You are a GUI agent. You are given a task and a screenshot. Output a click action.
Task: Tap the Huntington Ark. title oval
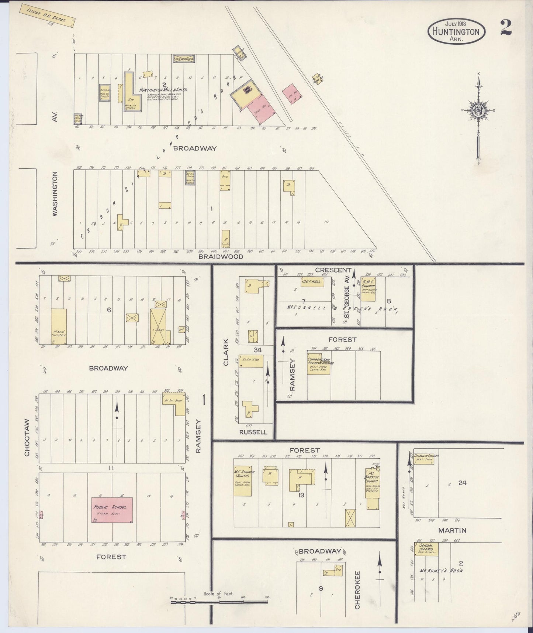coord(456,31)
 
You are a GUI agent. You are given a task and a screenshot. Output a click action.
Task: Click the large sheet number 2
coord(506,28)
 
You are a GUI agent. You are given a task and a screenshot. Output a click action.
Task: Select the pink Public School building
coord(112,510)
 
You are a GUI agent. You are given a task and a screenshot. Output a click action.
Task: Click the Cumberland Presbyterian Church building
coord(318,366)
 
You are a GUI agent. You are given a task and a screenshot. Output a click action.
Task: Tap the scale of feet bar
coord(219,602)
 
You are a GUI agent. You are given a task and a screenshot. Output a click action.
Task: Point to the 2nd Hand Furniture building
coord(59,326)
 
